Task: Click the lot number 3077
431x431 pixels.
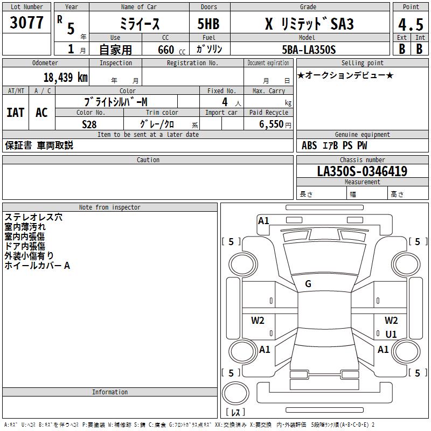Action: click(26, 23)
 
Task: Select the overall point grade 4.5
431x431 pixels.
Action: click(411, 24)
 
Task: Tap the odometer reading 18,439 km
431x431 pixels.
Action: click(65, 78)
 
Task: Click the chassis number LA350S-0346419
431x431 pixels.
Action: click(362, 171)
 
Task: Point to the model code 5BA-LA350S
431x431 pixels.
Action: click(309, 50)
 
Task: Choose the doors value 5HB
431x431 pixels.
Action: click(208, 24)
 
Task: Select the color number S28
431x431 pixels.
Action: click(89, 124)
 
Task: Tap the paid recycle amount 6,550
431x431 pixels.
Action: click(271, 124)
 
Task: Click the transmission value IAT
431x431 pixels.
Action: click(15, 112)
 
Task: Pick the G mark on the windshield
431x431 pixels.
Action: click(308, 284)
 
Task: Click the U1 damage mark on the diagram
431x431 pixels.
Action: click(391, 334)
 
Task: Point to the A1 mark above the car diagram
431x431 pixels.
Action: click(263, 220)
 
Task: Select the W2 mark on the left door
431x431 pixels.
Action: click(258, 321)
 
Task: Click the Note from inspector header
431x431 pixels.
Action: click(109, 207)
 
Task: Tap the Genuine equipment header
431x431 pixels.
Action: click(362, 135)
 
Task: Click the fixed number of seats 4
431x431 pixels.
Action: click(225, 102)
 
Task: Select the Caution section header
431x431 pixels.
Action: click(148, 160)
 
